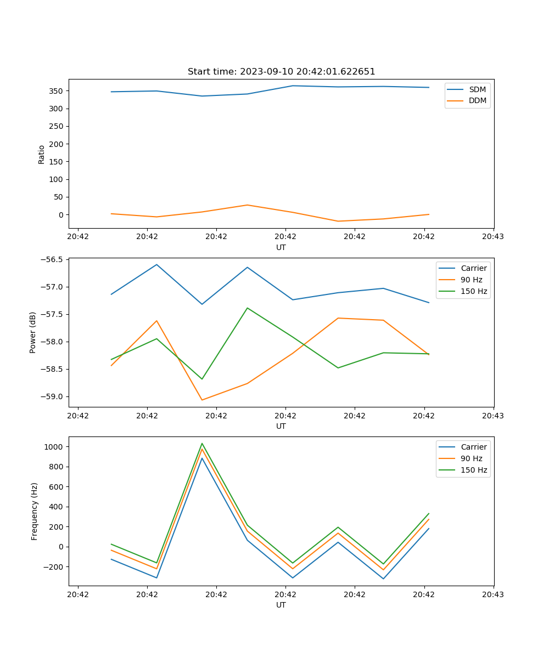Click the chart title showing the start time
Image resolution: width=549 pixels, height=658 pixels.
281,72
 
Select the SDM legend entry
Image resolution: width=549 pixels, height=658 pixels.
477,89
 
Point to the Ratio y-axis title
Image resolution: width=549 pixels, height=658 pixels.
42,154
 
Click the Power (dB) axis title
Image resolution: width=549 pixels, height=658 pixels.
33,332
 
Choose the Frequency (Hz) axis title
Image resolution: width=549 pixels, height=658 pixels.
35,511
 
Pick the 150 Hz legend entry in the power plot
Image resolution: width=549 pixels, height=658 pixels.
474,291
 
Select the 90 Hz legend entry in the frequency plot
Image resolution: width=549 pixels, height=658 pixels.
472,458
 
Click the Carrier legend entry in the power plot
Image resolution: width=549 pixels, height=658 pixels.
474,268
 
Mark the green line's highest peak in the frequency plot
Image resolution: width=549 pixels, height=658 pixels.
202,443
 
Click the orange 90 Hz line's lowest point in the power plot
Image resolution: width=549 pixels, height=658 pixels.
202,400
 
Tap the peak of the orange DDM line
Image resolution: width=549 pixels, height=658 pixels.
247,205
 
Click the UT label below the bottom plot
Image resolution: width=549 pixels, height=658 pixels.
281,605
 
